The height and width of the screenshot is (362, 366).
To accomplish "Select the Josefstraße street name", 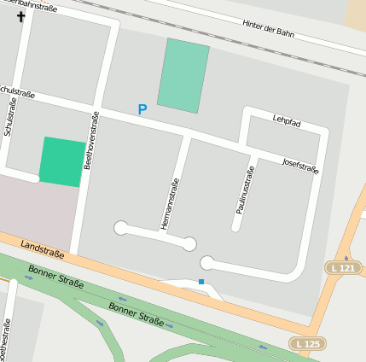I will click(300, 164).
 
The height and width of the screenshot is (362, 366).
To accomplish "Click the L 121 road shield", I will click(341, 268).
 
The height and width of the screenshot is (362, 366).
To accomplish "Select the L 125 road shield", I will click(308, 343).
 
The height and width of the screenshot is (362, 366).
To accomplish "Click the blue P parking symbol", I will click(142, 109).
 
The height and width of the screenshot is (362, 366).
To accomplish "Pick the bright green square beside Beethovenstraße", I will click(62, 161).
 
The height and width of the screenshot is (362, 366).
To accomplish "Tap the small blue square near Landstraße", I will click(201, 281).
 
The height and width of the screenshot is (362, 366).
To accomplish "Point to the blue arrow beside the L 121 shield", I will click(346, 257).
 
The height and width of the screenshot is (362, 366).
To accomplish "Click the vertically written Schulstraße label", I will click(11, 116).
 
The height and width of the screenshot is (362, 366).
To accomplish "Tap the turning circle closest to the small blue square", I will click(206, 263).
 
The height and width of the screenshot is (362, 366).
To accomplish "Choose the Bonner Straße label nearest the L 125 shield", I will click(137, 313).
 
